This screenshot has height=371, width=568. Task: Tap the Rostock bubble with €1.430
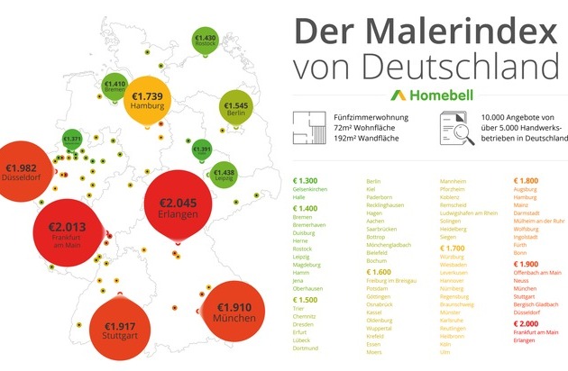coord(206,40)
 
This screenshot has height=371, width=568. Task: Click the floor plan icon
coord(307,127)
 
